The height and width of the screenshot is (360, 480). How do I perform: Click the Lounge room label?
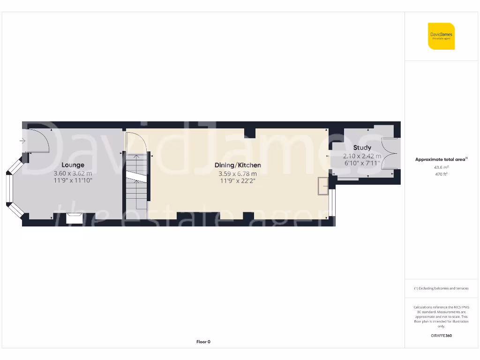[73, 165]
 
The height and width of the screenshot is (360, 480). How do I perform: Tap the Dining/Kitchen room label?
[238, 165]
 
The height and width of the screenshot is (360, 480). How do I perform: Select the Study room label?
[362, 148]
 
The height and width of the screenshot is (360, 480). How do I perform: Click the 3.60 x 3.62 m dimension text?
[73, 173]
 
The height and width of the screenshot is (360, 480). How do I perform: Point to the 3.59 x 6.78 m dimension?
[238, 173]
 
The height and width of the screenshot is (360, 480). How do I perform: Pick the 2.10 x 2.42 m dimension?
[362, 156]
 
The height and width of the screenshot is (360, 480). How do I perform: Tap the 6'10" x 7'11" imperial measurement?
[362, 163]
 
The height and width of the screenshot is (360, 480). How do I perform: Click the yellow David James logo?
[441, 36]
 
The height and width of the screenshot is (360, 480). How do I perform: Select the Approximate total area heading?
[441, 159]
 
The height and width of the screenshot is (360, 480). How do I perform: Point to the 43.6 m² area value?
[441, 167]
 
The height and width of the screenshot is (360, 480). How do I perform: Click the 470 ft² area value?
[441, 174]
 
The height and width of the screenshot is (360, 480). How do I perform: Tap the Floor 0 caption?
[203, 342]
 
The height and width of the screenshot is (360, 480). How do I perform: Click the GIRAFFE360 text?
[441, 336]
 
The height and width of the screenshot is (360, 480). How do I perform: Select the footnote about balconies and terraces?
[441, 288]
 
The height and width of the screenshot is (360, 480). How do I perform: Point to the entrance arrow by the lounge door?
[23, 140]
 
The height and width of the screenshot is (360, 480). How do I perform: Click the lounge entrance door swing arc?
[39, 141]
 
